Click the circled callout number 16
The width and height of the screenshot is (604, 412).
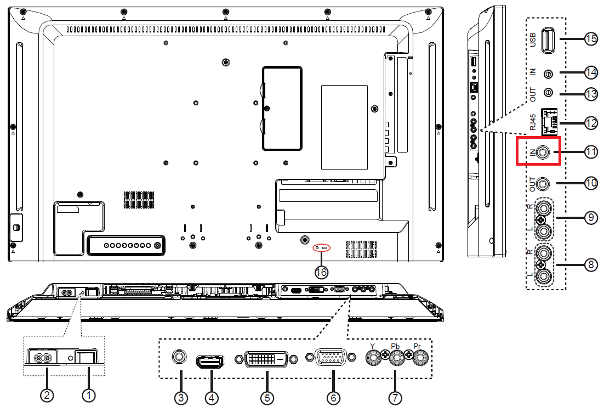point(321,273)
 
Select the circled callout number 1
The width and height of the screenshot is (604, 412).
point(89,395)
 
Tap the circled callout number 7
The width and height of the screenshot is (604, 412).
point(395,397)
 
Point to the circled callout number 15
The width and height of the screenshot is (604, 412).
point(591,38)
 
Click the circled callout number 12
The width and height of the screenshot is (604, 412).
point(591,123)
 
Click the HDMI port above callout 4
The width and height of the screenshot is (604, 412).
point(210,362)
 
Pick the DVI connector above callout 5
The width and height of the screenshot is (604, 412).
point(266,359)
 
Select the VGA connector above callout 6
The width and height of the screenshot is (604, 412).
point(331,358)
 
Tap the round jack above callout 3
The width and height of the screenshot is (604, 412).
point(179,357)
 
